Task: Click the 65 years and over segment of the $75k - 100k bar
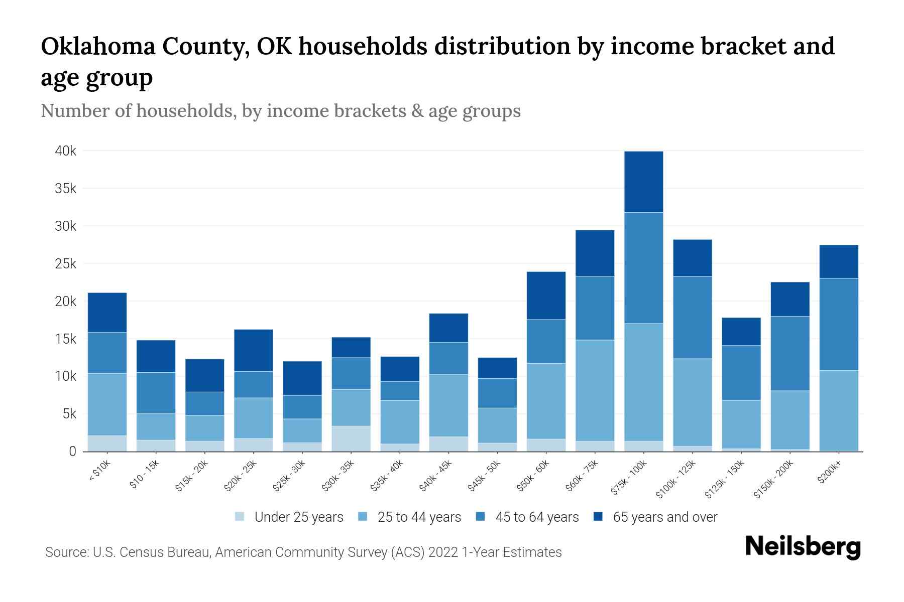643,182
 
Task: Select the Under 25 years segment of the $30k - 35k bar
351,438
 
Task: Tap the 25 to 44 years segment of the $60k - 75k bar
595,390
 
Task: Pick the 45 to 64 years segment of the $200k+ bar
838,324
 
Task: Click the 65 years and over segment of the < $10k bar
107,313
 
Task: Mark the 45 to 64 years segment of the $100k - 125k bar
692,318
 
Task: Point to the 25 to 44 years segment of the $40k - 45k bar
448,405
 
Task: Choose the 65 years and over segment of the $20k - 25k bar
253,350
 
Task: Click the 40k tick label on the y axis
65,151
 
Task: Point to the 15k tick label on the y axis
65,339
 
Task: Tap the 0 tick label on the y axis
72,452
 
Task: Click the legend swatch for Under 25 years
240,517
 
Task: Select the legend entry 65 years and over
664,517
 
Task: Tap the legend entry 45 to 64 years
536,517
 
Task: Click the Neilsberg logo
803,547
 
